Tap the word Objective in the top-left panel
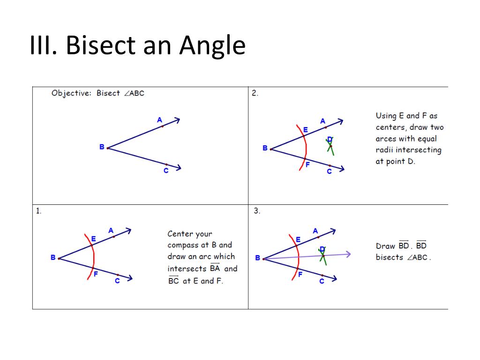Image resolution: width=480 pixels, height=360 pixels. click(x=70, y=93)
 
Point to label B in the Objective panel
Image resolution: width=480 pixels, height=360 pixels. click(x=102, y=147)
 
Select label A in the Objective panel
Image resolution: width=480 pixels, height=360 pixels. click(x=159, y=120)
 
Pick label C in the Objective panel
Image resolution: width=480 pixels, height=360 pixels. click(x=166, y=171)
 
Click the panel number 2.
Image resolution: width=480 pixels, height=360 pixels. click(x=255, y=93)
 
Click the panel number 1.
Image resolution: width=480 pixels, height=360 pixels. click(x=38, y=211)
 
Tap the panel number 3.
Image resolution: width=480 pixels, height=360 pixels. click(x=257, y=211)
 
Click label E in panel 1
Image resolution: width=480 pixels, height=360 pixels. click(x=94, y=239)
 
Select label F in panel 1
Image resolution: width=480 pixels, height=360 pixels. click(x=96, y=274)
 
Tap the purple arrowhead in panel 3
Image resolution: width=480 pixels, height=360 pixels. click(x=348, y=254)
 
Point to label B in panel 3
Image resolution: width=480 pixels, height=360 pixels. click(x=257, y=258)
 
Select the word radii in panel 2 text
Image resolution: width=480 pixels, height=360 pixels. click(x=385, y=150)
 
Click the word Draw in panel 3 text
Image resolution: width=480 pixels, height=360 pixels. click(x=385, y=246)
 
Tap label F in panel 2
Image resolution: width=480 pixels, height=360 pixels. click(x=307, y=165)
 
